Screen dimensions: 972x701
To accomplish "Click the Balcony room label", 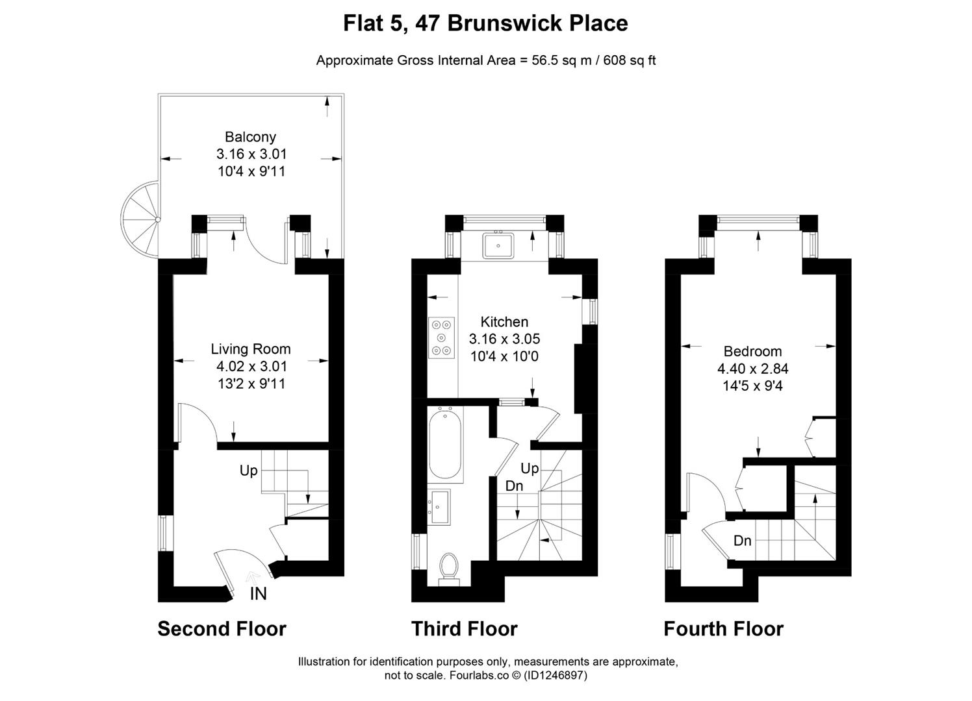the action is tap(250, 137).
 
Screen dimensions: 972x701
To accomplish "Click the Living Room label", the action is tap(251, 349).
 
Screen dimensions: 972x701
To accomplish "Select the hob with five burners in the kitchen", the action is tap(442, 338).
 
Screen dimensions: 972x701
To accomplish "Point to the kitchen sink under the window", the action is tap(498, 246).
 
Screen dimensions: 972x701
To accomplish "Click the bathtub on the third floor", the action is tap(445, 445).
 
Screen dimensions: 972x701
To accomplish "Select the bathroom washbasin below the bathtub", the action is tap(439, 507).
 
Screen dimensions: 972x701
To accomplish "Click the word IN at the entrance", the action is tap(258, 594).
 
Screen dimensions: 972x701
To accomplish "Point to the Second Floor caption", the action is tap(222, 628).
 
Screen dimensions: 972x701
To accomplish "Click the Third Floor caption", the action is tap(465, 628).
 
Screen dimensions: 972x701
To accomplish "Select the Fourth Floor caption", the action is tap(723, 628).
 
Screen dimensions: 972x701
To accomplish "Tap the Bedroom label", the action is tap(752, 351).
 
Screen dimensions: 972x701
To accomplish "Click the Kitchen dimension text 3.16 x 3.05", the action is tap(504, 339).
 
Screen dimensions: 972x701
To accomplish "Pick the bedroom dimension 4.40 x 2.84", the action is tap(752, 369).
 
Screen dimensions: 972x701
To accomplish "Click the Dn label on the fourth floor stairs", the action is tap(742, 541).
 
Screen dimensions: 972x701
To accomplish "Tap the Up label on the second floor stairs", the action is tap(249, 471).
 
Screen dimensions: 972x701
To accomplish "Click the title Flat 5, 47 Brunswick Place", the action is tap(485, 23).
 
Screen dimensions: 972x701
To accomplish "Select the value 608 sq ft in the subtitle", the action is tap(629, 60).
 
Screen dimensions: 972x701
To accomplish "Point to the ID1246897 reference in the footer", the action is tap(556, 675).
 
